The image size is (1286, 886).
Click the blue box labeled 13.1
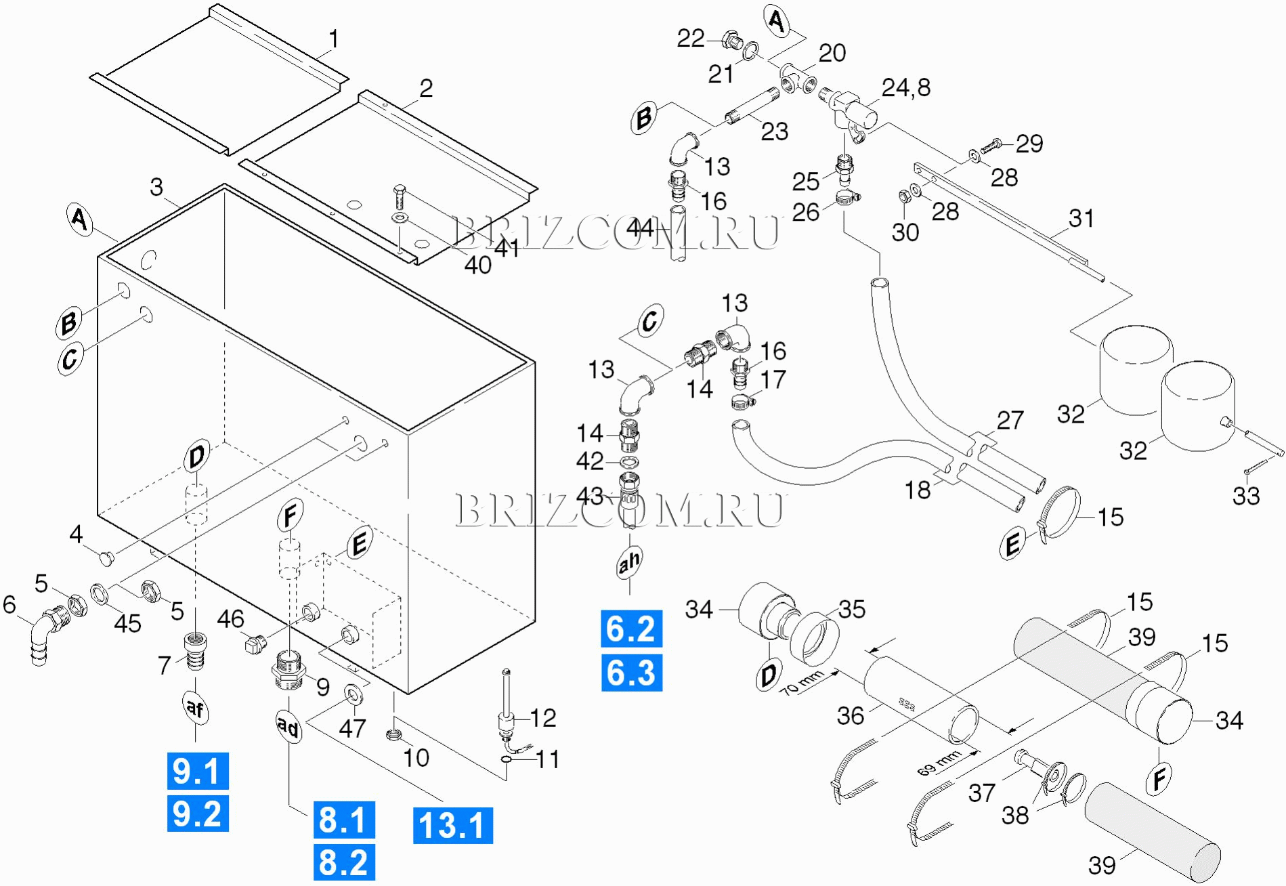(x=452, y=825)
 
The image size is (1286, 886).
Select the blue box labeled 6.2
(x=631, y=629)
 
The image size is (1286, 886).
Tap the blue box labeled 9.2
(x=197, y=814)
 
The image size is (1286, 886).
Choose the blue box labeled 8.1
(x=343, y=820)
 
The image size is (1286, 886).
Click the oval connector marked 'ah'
(x=629, y=562)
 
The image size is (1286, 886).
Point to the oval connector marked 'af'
(x=195, y=709)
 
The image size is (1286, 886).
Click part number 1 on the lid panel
(x=333, y=39)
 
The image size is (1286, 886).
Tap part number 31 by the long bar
(x=1081, y=218)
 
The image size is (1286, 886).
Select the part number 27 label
(x=1010, y=420)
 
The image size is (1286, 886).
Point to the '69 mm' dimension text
(x=939, y=763)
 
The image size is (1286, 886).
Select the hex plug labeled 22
(x=731, y=40)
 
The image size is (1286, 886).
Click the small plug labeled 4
(x=106, y=559)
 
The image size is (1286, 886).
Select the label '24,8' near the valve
(x=905, y=87)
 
